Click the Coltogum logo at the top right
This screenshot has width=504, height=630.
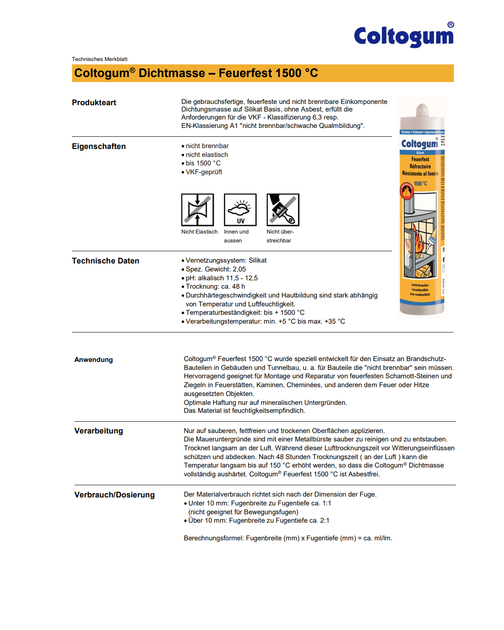403,36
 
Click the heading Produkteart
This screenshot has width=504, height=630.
94,103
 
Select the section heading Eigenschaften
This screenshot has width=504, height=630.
99,146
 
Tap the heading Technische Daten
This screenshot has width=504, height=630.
105,261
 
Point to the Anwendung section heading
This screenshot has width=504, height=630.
93,360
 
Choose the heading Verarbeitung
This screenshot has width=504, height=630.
99,431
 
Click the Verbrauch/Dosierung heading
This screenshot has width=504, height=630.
115,495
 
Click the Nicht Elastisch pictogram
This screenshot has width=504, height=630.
197,210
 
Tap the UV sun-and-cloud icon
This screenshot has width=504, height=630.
240,210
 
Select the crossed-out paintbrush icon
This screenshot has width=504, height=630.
283,210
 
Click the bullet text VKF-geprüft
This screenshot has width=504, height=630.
204,172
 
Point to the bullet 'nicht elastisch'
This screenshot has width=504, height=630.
207,155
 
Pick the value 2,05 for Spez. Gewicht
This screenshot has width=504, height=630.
239,269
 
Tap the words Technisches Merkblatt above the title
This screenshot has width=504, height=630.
99,59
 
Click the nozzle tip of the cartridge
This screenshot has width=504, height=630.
421,108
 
